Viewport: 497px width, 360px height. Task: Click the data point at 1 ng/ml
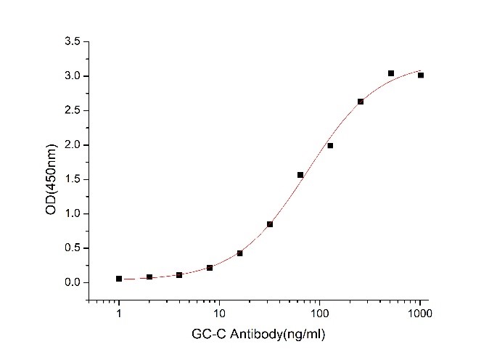119,279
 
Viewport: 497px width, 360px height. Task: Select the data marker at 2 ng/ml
149,277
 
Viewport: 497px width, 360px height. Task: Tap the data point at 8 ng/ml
210,268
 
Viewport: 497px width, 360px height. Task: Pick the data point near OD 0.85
270,224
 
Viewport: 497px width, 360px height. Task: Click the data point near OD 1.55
300,175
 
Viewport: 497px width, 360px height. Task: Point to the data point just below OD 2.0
330,146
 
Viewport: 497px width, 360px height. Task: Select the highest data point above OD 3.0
391,73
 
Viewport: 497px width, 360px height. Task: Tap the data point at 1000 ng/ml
421,75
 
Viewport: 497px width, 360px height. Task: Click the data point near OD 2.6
361,102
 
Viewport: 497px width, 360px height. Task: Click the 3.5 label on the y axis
71,42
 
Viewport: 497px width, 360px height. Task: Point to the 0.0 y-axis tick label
71,282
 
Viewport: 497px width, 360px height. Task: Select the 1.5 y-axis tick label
71,179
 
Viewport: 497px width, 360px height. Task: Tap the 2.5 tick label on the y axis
71,110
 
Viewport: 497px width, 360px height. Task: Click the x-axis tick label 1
119,313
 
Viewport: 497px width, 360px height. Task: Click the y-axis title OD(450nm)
49,162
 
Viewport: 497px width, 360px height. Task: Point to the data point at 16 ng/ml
240,253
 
